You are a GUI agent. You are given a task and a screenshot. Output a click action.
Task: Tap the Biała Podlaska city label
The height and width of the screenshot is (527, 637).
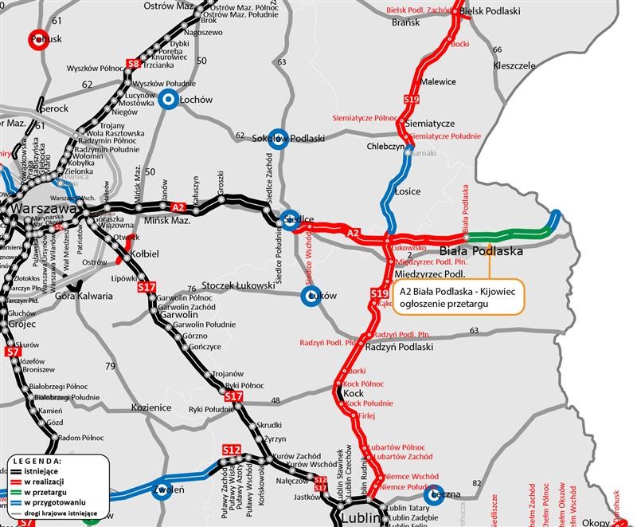tap(481, 251)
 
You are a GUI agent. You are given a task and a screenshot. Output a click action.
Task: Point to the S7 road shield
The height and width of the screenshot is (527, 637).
tap(12, 352)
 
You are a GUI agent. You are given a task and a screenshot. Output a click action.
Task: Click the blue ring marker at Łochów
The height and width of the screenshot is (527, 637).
tap(167, 99)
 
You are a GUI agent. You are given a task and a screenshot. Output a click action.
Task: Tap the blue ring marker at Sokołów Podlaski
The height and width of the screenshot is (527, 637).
tap(276, 137)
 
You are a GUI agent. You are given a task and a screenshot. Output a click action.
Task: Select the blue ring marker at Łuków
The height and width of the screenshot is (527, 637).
tap(311, 296)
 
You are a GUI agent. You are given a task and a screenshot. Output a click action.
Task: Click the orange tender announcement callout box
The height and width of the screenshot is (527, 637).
tap(458, 297)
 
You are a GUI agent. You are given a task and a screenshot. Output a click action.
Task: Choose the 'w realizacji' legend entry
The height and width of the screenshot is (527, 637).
tap(45, 482)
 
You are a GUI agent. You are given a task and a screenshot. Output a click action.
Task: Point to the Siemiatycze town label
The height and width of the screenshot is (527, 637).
tap(429, 124)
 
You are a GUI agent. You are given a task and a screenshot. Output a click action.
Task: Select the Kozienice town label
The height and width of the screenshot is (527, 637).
tap(151, 407)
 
